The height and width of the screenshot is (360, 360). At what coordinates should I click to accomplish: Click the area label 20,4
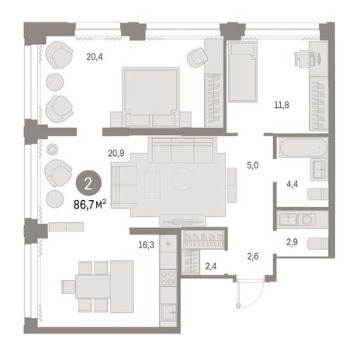point(95,57)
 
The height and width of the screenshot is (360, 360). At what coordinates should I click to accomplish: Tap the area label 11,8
point(282,105)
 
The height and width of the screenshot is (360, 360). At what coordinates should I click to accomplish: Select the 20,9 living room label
point(116,154)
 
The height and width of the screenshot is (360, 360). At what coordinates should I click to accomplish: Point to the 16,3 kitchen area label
point(146,244)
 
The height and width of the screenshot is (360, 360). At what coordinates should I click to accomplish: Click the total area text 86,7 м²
point(90,205)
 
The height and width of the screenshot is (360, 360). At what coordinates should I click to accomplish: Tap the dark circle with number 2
point(88,183)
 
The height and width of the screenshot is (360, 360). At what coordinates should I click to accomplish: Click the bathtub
point(303,148)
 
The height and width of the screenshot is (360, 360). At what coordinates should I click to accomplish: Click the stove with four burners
point(168,278)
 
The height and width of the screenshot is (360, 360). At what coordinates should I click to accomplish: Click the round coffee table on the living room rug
point(182,179)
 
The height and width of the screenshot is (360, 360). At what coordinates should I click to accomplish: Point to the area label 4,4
point(292,185)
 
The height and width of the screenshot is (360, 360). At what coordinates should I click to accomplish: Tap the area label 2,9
point(292,242)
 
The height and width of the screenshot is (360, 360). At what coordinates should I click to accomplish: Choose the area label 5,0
point(252,165)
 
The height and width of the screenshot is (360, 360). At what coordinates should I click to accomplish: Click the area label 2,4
point(211,266)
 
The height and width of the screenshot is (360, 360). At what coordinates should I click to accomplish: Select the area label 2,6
point(253,257)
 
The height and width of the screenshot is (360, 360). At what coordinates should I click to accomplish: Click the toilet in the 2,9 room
point(318,244)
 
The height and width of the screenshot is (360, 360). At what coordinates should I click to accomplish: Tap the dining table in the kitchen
point(93,286)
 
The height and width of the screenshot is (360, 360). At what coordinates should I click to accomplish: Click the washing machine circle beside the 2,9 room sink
point(307,220)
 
